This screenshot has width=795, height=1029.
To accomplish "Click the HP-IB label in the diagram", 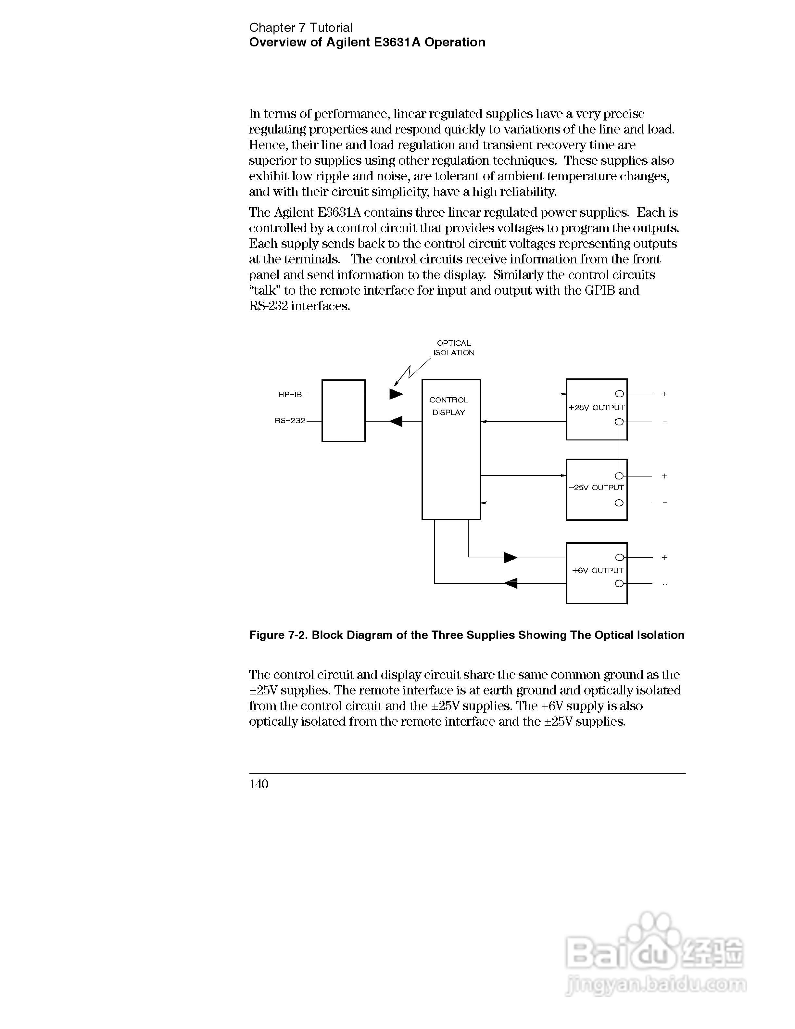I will [x=290, y=394].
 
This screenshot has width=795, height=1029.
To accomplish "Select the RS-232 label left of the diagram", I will [x=290, y=421].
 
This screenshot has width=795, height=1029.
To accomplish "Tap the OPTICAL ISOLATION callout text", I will [x=454, y=348].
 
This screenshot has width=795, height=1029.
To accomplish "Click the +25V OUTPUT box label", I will [x=596, y=408].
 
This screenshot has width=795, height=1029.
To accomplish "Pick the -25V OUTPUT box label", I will [x=596, y=488].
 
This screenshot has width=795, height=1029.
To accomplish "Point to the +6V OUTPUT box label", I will [x=597, y=571].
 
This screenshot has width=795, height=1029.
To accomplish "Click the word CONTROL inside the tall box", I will [x=449, y=400].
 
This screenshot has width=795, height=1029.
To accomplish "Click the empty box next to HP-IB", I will [x=343, y=410].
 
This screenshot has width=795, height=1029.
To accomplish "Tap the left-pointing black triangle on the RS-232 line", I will [x=396, y=421].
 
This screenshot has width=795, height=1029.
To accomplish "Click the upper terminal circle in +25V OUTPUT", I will [x=619, y=394].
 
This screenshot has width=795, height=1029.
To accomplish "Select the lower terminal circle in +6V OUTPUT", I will [x=619, y=584].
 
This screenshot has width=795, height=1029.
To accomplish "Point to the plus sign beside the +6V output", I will [x=664, y=558].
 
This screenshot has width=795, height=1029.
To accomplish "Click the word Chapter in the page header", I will [x=272, y=28].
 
